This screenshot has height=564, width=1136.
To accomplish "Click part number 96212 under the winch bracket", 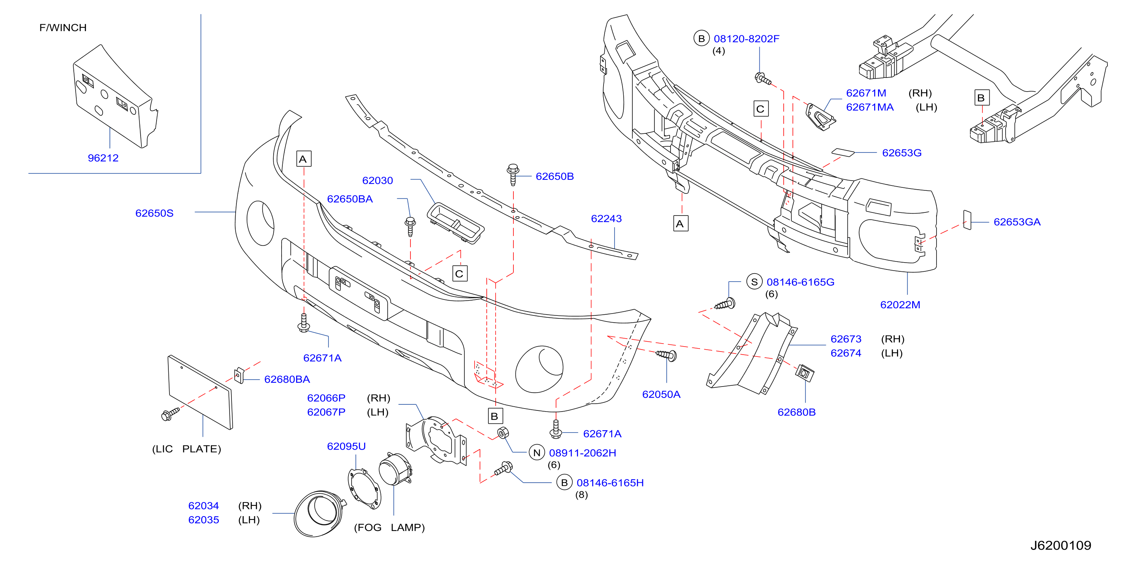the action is pos(103,158).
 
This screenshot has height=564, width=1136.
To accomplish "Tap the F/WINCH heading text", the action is pos(63,28).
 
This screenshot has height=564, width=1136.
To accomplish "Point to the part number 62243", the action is pos(606,218).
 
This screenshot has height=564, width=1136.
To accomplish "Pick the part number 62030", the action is pos(377,181).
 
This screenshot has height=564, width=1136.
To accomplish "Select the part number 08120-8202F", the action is pos(746,39).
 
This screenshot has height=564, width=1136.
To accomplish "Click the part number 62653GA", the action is pos(1017,222).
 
